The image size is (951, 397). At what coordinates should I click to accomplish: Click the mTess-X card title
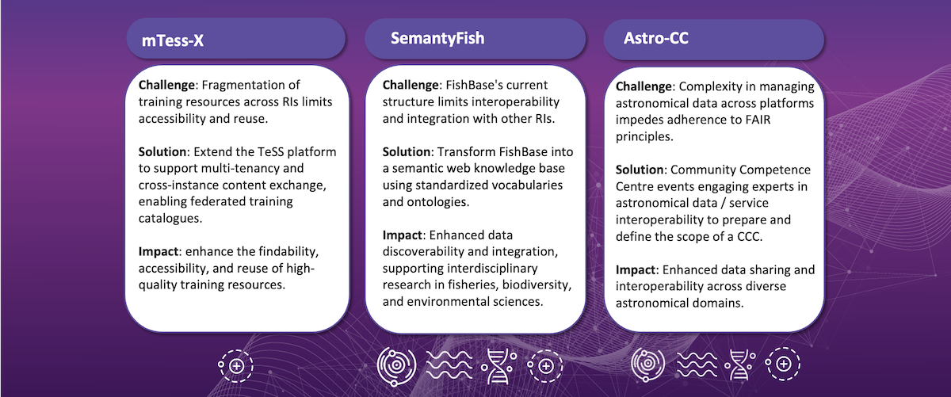click(x=173, y=40)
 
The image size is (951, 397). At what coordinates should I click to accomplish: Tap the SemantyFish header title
click(x=437, y=39)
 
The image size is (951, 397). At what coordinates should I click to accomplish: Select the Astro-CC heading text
click(x=656, y=38)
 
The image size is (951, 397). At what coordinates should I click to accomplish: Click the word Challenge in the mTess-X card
click(x=166, y=85)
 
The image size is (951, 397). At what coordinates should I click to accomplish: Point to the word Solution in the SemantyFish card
click(x=407, y=151)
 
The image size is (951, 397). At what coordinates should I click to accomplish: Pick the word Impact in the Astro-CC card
click(x=636, y=269)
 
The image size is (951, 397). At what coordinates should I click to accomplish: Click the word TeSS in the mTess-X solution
click(x=269, y=151)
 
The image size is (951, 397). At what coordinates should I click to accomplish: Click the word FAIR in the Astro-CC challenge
click(x=758, y=120)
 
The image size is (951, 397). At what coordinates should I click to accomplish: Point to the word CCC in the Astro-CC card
click(x=748, y=236)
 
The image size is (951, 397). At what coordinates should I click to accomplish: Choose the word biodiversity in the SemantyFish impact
click(x=537, y=284)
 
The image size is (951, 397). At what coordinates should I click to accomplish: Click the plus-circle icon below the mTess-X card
click(x=235, y=366)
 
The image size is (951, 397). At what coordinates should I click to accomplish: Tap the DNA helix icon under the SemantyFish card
click(x=498, y=366)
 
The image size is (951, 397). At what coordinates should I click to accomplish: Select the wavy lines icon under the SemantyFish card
click(x=449, y=365)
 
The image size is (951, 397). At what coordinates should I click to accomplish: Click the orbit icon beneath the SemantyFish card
click(x=396, y=366)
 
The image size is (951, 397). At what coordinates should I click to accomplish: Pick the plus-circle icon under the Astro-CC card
click(x=782, y=364)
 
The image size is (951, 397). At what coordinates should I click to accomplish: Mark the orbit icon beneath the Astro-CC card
click(x=648, y=364)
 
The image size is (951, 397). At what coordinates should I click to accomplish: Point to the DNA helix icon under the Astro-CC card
click(x=740, y=365)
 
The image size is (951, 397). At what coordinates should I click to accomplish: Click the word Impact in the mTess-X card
click(x=158, y=252)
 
